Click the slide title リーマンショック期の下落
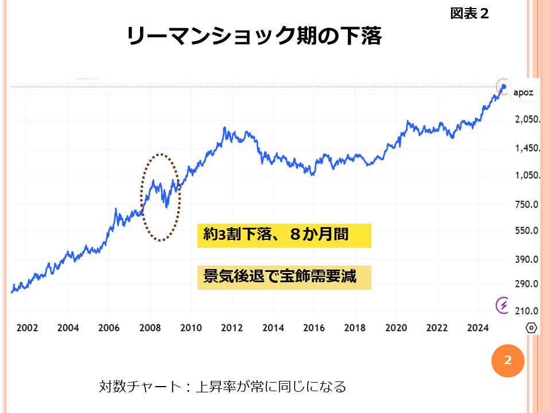tap(254, 37)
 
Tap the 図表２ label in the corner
tap(469, 13)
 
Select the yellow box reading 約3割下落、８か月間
tap(284, 235)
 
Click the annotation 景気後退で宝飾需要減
tap(284, 277)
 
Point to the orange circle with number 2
tap(507, 361)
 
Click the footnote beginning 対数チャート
tap(222, 387)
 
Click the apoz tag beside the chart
tap(524, 92)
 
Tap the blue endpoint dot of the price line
tap(503, 87)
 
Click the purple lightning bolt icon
tap(503, 305)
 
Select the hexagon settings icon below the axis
tap(531, 328)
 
